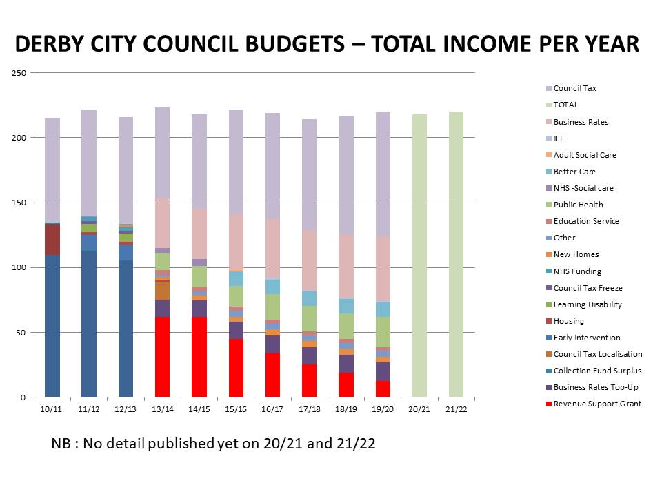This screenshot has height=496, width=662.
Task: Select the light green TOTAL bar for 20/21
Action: tap(419, 256)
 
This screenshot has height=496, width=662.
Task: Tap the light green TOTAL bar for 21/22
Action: tap(456, 254)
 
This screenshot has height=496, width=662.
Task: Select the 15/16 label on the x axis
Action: tap(236, 409)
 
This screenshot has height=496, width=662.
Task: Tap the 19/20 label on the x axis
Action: tap(383, 409)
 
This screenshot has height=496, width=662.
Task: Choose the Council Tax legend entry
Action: tap(574, 88)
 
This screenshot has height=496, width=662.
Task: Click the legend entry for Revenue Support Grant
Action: tap(597, 404)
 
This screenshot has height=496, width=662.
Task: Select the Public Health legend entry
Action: tap(578, 205)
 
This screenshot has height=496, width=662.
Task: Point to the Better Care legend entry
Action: tap(574, 172)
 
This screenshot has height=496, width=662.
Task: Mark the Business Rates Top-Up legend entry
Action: tap(595, 387)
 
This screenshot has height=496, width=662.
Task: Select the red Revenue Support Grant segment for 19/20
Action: tap(383, 389)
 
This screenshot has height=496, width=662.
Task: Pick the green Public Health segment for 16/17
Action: tap(272, 307)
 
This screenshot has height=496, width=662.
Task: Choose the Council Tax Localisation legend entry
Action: tap(598, 354)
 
